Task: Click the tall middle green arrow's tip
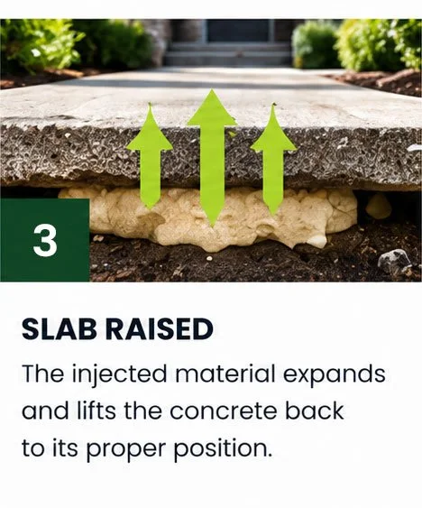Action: click(212, 90)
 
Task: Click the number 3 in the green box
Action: click(45, 240)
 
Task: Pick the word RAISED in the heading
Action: click(160, 328)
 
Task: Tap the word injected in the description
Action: click(119, 374)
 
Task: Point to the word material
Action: click(225, 374)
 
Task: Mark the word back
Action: click(314, 411)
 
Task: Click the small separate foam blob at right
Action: click(379, 206)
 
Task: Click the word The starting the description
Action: click(42, 374)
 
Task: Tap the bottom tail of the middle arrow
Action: click(212, 224)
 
